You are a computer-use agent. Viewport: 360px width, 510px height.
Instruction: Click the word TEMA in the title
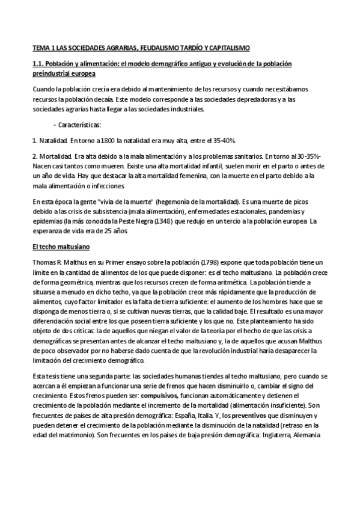tap(40, 46)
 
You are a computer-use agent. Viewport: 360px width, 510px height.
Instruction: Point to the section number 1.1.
tap(38, 63)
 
